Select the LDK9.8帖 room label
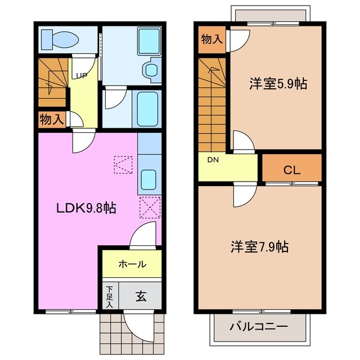tap(85, 208)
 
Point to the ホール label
tap(132, 264)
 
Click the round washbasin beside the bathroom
tap(150, 70)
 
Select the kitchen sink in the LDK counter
tap(149, 180)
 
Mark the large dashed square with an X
tap(150, 208)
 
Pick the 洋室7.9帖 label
tap(260, 246)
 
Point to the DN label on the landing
tap(212, 160)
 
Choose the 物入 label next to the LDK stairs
tap(51, 119)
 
